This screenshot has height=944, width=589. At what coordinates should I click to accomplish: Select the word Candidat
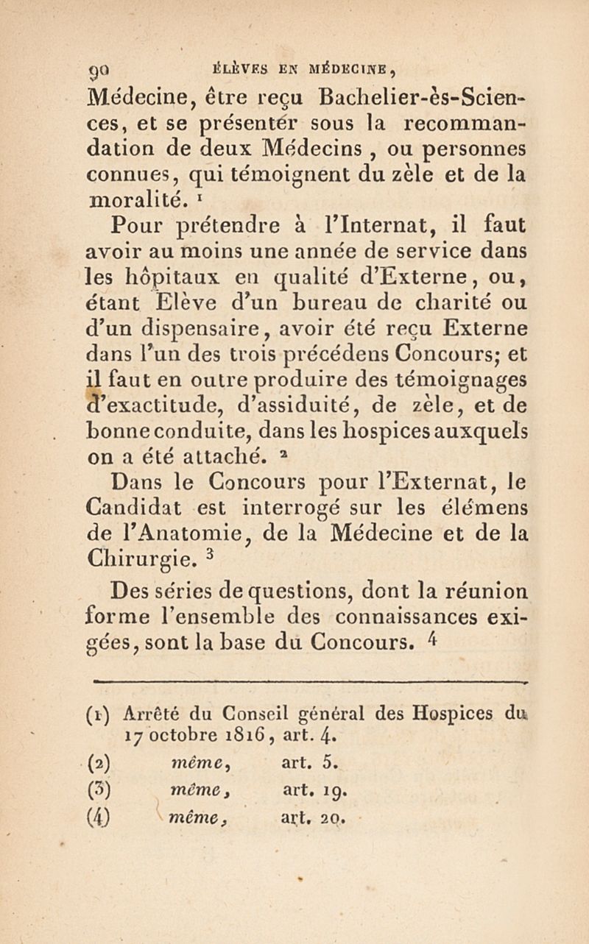pyautogui.click(x=135, y=508)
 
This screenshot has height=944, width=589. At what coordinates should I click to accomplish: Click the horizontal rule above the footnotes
pyautogui.click(x=308, y=683)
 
